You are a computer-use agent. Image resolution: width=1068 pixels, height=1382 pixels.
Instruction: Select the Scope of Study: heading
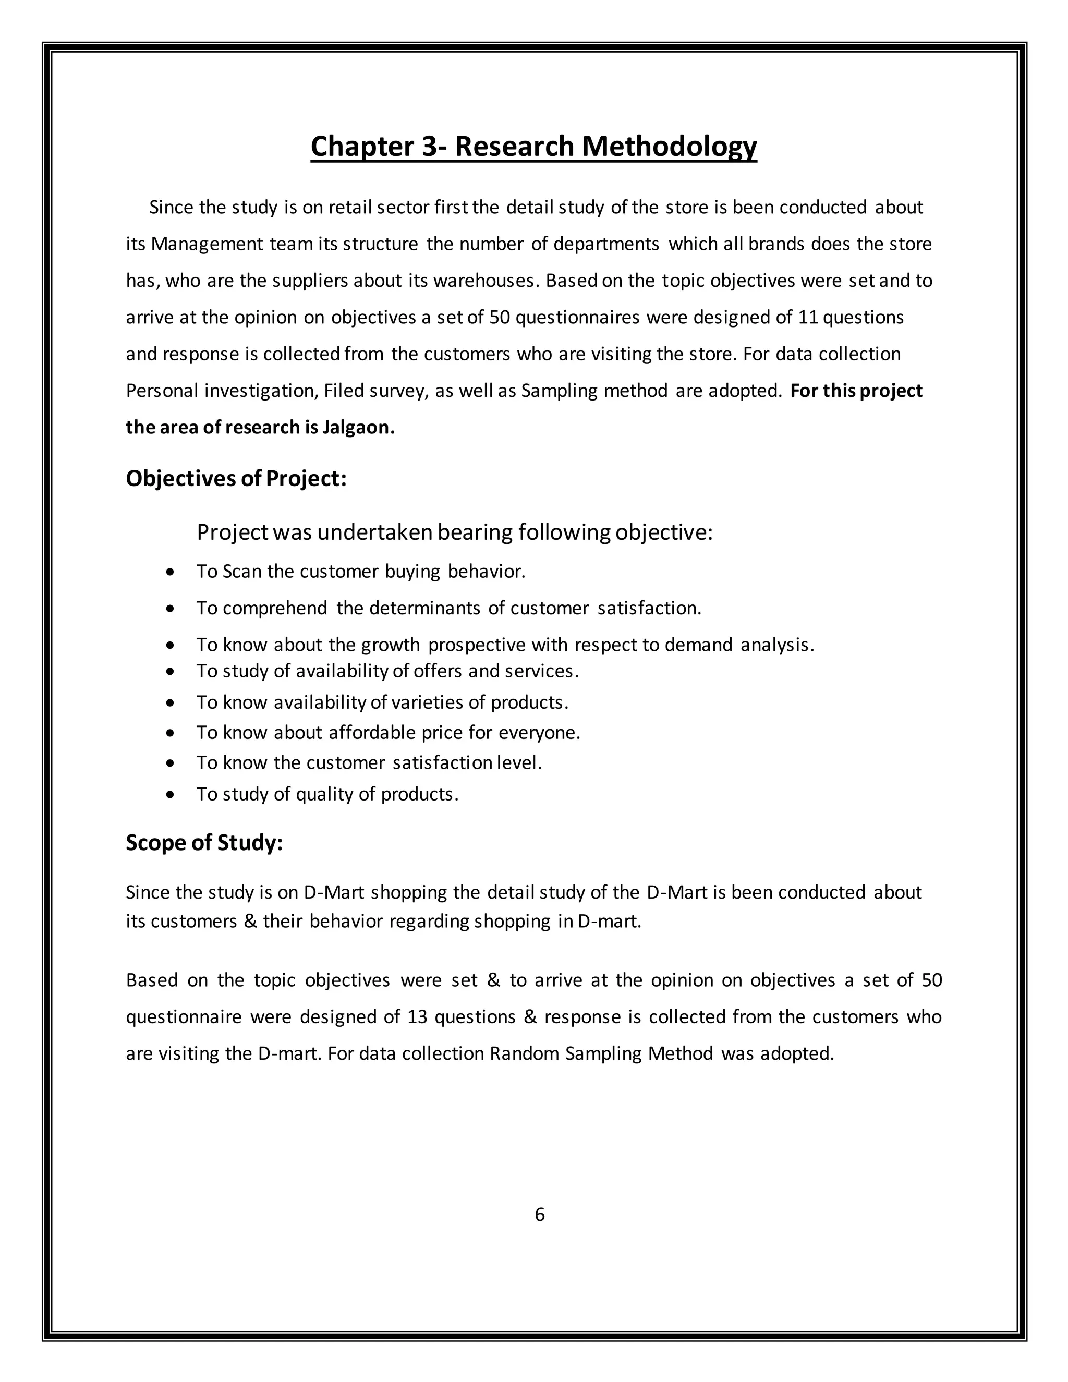[204, 843]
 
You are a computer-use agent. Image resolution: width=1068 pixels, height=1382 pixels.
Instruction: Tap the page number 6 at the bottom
[540, 1214]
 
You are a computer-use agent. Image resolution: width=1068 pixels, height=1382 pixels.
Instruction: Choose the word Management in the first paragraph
[207, 244]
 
